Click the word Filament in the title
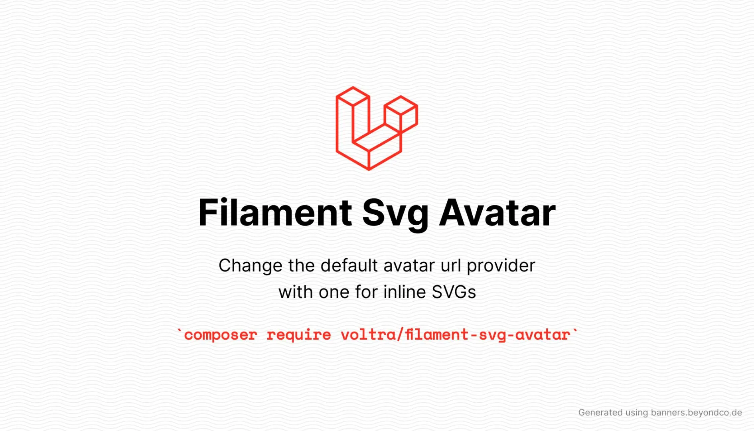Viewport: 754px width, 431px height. pos(275,213)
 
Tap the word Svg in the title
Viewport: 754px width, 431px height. pos(395,214)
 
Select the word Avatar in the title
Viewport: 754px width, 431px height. pos(497,213)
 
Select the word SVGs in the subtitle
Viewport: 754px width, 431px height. pos(454,292)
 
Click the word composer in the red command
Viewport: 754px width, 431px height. pos(221,335)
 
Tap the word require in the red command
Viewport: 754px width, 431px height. pos(299,335)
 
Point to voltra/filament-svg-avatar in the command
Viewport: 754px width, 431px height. pos(455,335)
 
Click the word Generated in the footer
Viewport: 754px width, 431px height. pos(600,413)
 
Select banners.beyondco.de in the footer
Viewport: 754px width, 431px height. pos(696,413)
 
